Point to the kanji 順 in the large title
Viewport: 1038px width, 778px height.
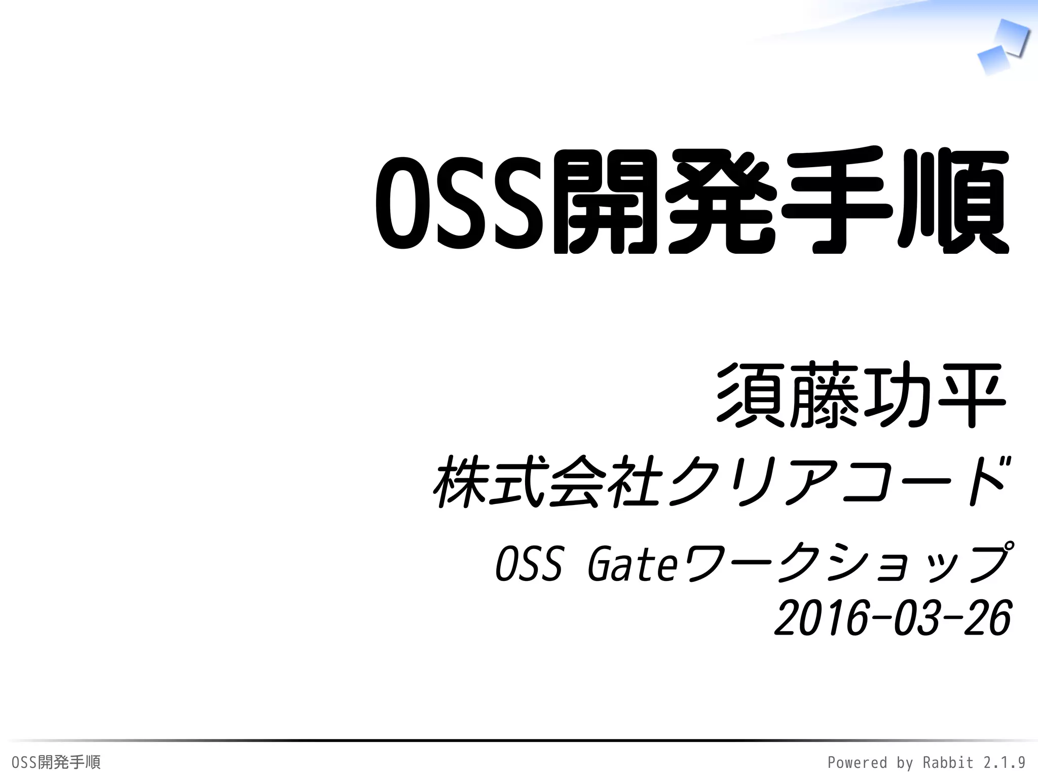953,202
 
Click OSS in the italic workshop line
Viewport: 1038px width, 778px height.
529,564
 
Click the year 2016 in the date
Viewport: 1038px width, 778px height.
821,618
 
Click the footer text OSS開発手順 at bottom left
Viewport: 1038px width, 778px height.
56,762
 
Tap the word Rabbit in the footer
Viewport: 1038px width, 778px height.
947,762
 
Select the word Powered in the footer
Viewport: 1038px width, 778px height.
857,762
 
